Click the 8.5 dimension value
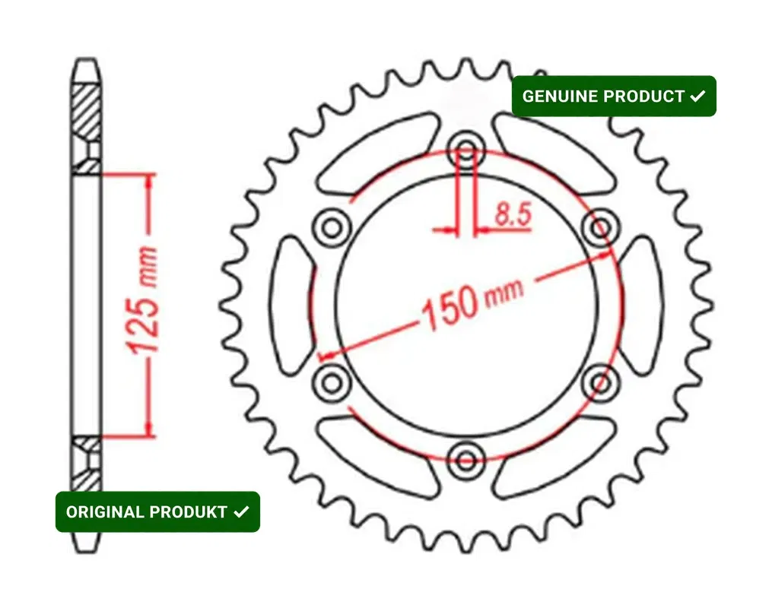point(513,214)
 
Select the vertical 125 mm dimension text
point(143,300)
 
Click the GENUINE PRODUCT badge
point(614,96)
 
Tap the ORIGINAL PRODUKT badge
point(157,511)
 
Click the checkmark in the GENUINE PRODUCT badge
point(697,96)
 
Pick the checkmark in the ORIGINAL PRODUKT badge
point(241,512)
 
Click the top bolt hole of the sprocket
point(466,150)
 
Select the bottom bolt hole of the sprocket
point(466,461)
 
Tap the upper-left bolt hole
point(332,228)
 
